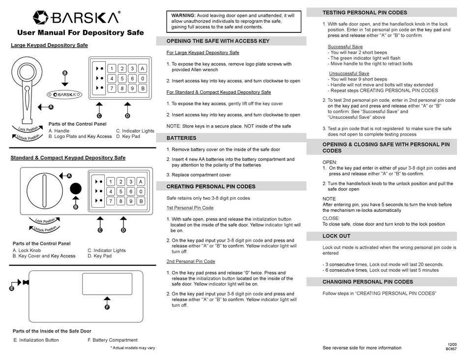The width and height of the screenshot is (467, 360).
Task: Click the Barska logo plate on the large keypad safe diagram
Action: click(x=65, y=94)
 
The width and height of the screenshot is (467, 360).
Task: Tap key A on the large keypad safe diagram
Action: click(x=143, y=69)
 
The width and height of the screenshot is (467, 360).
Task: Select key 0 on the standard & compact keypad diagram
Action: click(x=141, y=191)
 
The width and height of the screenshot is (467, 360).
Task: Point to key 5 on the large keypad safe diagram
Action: click(x=122, y=79)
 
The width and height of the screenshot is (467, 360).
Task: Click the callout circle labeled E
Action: click(x=11, y=289)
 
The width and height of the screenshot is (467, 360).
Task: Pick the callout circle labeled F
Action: click(x=107, y=307)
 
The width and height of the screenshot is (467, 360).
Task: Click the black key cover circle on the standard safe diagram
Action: click(x=76, y=189)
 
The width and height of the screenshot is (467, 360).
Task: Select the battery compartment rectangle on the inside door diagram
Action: click(x=107, y=283)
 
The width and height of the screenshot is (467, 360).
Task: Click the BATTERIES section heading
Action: click(x=181, y=138)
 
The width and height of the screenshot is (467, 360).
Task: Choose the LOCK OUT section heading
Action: click(x=336, y=236)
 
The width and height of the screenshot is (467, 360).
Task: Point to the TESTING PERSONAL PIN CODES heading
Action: click(x=364, y=12)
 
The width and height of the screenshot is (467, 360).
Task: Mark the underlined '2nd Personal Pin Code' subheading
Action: click(x=191, y=262)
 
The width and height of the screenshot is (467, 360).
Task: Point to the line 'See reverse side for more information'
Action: click(x=362, y=348)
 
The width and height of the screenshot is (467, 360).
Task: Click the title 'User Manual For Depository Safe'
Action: click(x=81, y=33)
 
